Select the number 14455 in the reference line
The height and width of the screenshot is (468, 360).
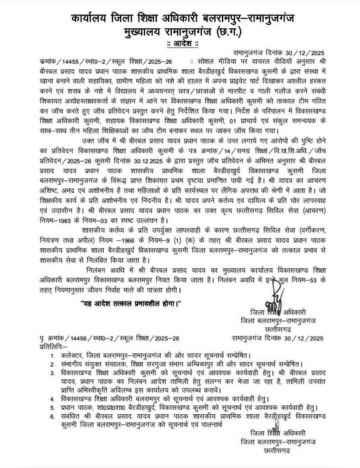(x=61, y=62)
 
